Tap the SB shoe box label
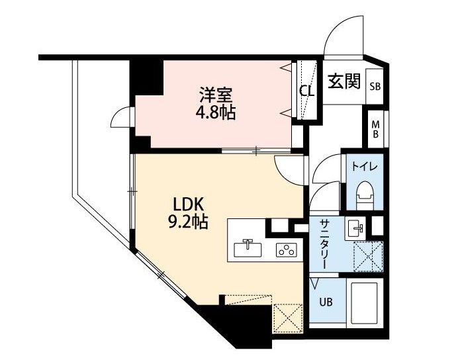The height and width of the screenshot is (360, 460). click(375, 87)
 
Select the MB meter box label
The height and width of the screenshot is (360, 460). click(375, 130)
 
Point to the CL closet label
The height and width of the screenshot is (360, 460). click(306, 91)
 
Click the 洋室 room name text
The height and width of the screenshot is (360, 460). click(216, 95)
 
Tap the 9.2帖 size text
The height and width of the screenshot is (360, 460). click(188, 222)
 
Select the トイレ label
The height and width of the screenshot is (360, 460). click(364, 167)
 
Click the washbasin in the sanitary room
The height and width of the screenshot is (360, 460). click(355, 228)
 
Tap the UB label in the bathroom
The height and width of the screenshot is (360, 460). click(326, 302)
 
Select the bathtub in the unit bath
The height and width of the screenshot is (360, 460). click(364, 303)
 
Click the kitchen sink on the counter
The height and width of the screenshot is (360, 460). click(248, 248)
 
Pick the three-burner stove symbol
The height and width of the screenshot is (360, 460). click(287, 250)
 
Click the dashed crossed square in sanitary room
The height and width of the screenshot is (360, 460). click(368, 256)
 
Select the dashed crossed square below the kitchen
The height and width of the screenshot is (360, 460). click(287, 319)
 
